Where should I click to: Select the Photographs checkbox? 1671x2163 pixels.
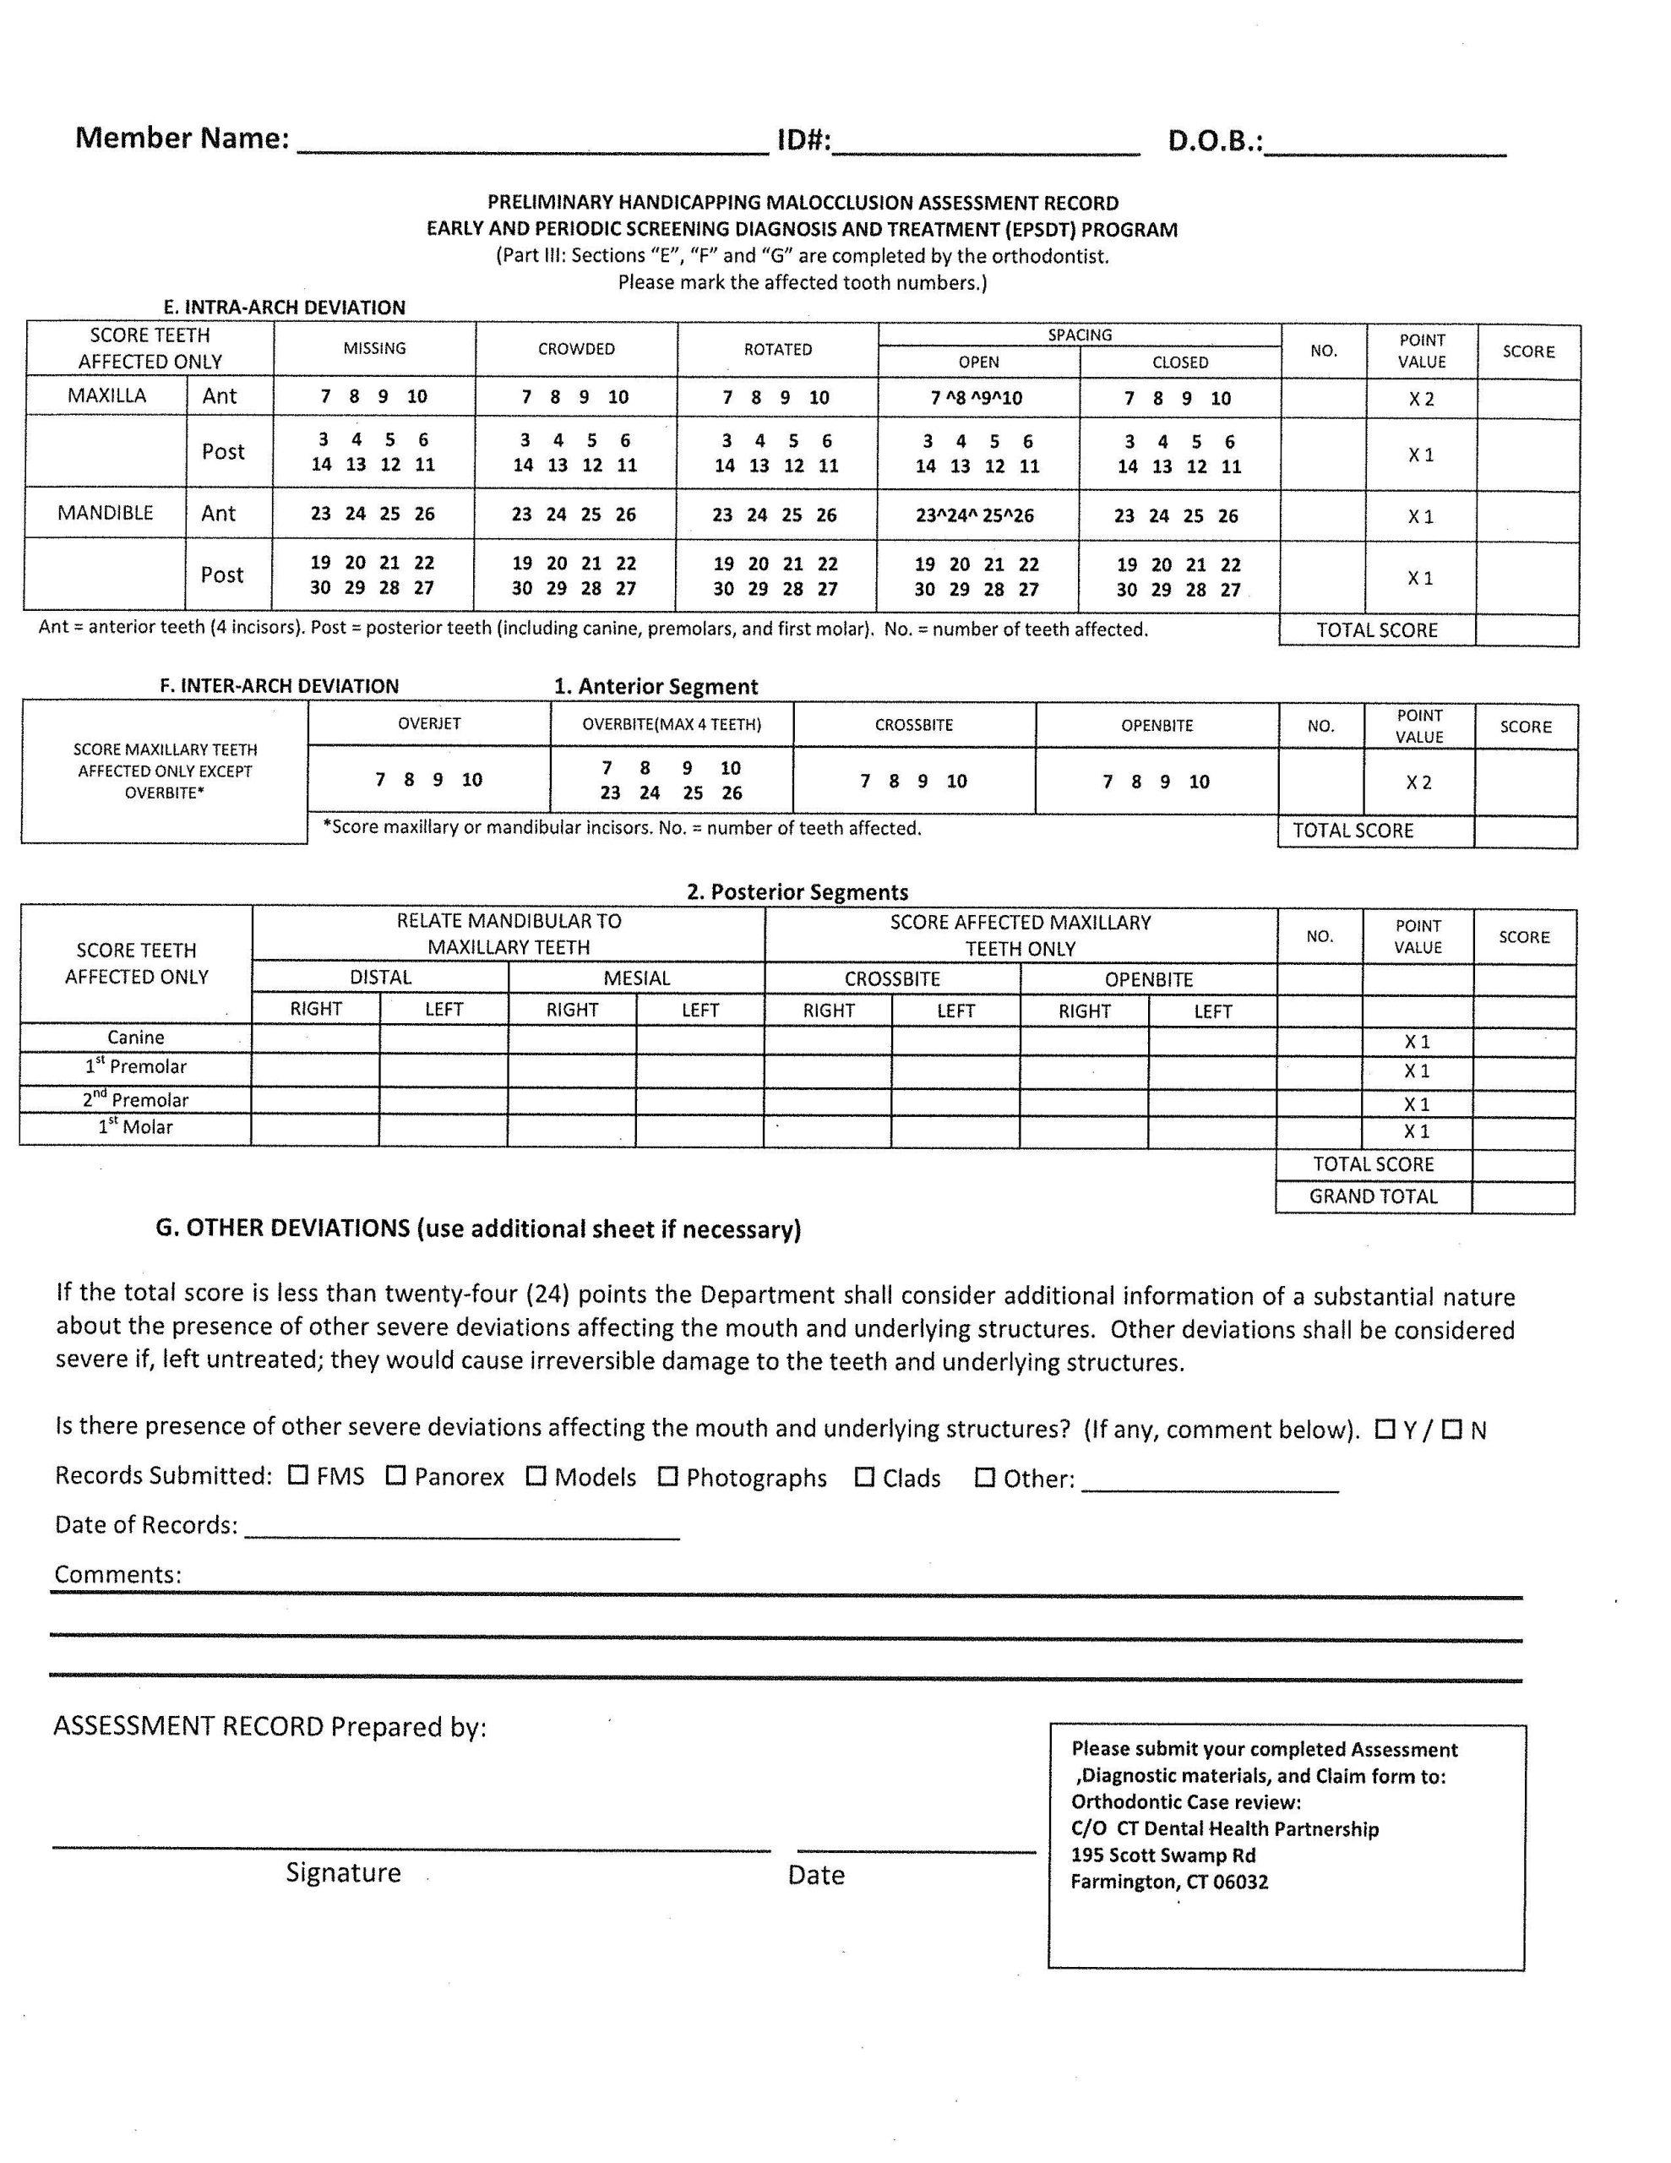coord(668,1476)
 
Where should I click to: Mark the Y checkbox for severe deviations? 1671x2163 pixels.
coord(1385,1429)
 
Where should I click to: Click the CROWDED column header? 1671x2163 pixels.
coord(575,349)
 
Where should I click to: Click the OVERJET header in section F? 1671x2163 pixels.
coord(429,723)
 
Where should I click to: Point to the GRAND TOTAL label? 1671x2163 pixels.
coord(1373,1196)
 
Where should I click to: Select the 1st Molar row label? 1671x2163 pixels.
coord(136,1127)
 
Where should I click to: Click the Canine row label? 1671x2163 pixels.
coord(136,1037)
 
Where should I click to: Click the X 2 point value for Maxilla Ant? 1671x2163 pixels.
coord(1422,398)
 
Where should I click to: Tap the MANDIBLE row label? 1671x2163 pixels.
coord(105,512)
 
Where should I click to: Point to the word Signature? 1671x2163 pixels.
coord(343,1872)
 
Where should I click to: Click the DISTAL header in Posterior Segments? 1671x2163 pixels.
coord(380,978)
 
